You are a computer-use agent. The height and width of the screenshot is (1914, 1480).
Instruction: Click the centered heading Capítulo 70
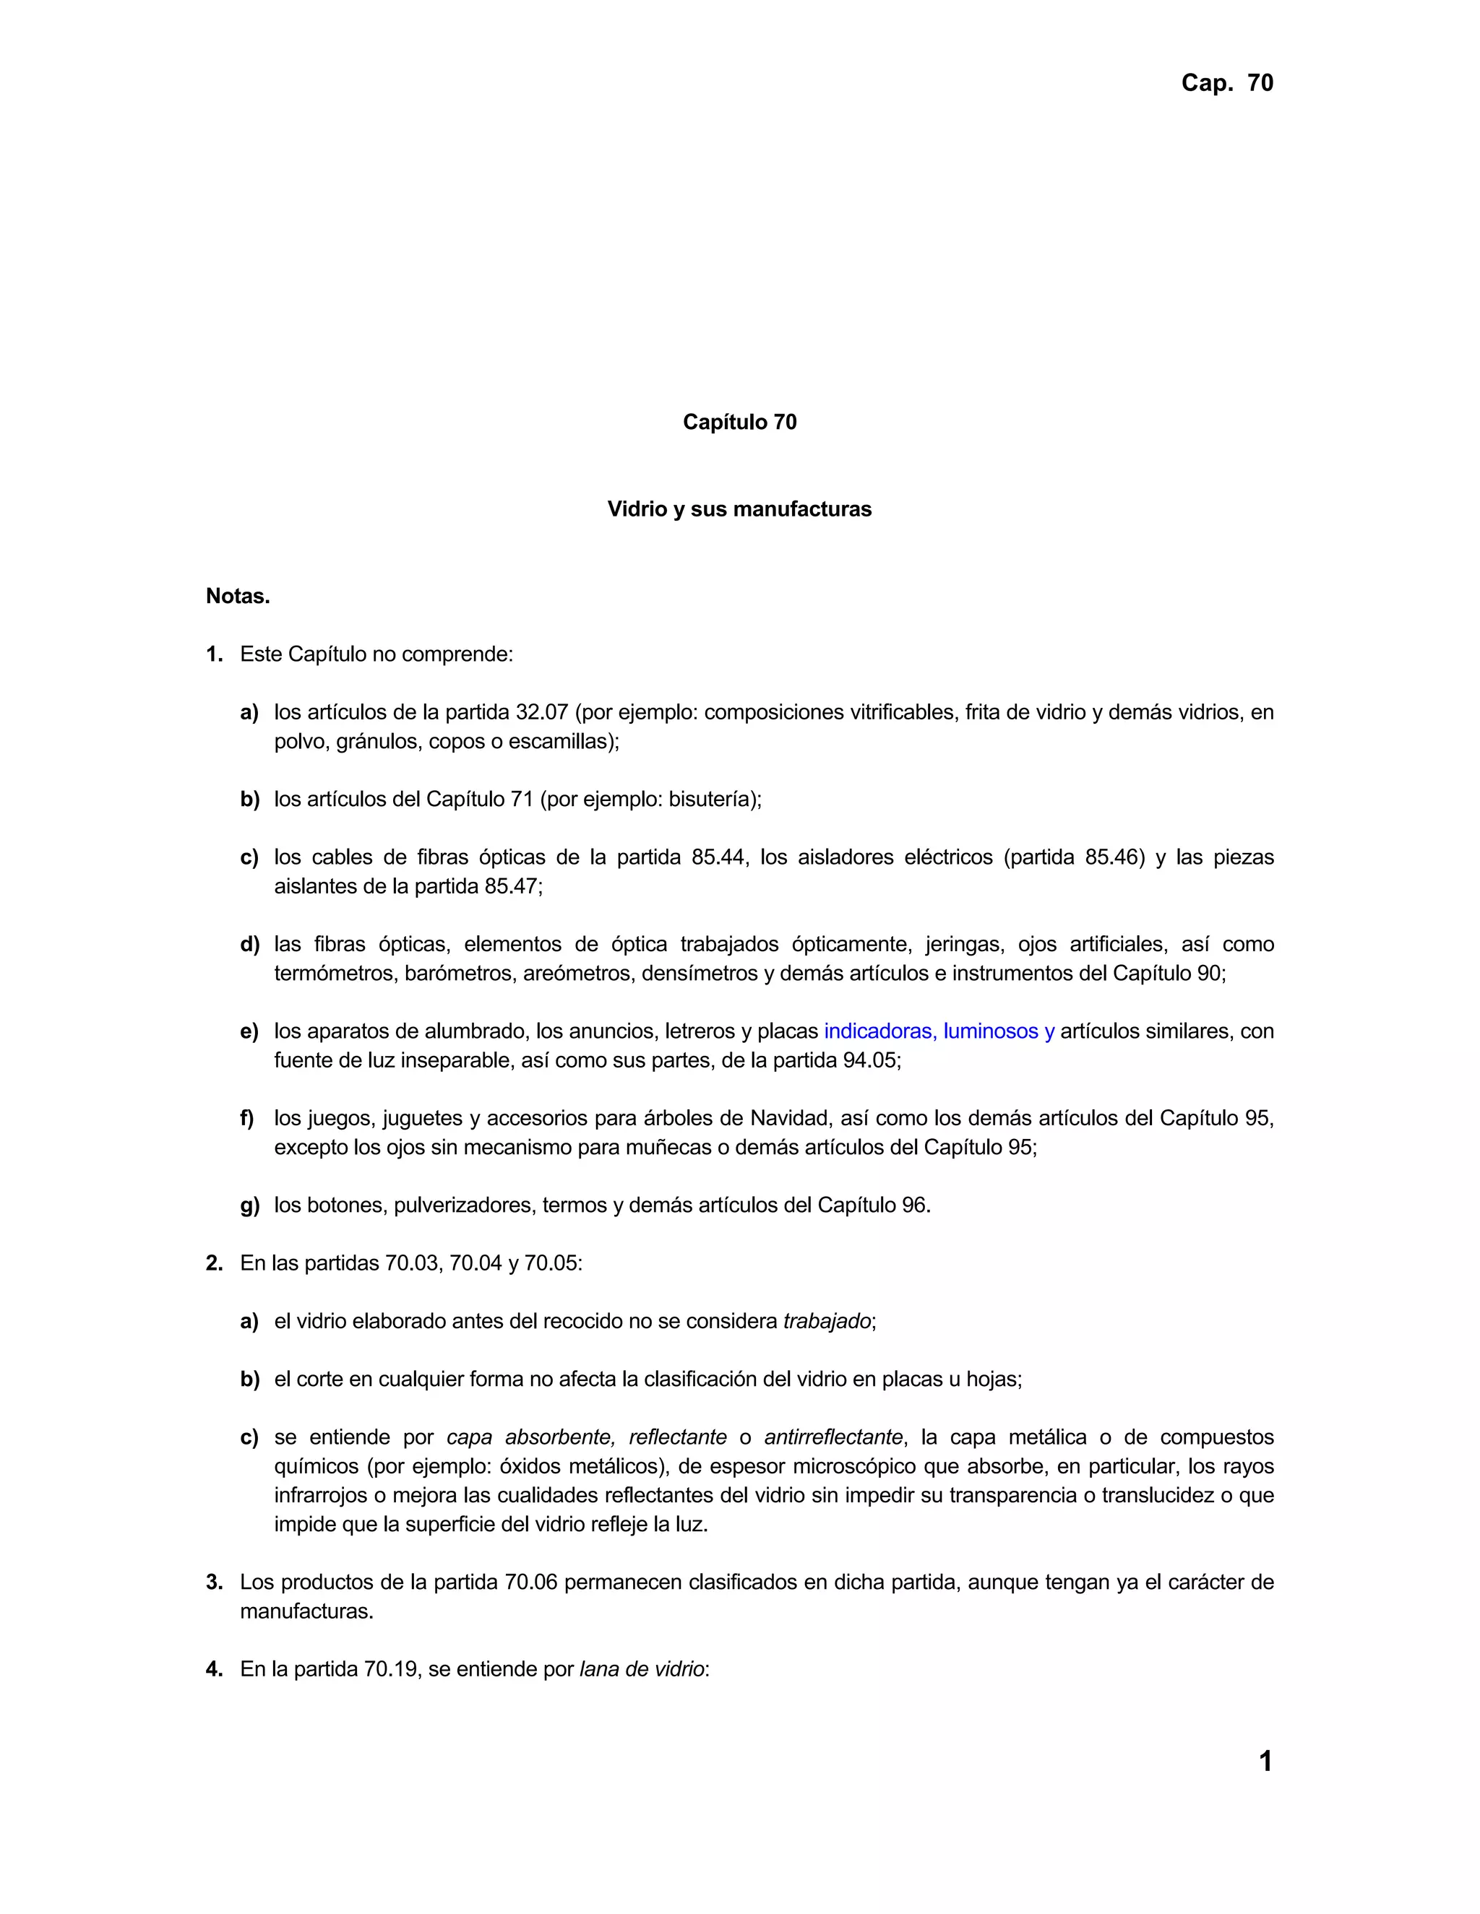tap(739, 423)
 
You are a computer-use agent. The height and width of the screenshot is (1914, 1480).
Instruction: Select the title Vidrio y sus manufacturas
tap(739, 509)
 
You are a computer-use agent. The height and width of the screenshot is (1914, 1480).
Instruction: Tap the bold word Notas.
tap(238, 597)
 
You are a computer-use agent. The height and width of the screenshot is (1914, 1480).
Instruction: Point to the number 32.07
tap(542, 712)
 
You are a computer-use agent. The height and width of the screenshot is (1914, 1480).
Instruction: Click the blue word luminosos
tap(991, 1031)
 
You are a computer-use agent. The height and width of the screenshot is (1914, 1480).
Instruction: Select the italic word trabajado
tap(827, 1322)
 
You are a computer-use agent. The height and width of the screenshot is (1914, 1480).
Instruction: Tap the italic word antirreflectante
tap(833, 1437)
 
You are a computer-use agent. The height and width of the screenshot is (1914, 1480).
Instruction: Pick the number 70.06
tap(531, 1582)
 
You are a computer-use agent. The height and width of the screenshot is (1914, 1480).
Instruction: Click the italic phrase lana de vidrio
tap(642, 1669)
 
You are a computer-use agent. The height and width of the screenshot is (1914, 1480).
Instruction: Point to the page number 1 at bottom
tap(1265, 1762)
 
